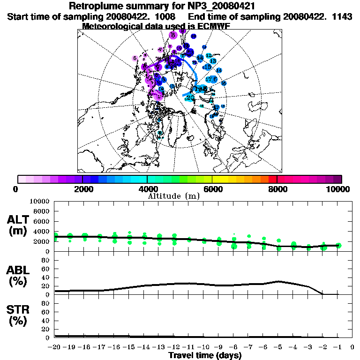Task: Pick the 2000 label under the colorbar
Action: pos(82,189)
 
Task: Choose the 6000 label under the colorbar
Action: pos(212,189)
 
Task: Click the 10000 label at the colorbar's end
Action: pos(339,189)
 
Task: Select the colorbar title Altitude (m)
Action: pos(174,196)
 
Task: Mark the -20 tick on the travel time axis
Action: pos(55,347)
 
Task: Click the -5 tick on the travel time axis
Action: pos(278,347)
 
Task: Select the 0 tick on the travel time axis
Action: pos(352,347)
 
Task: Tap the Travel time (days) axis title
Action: pos(205,356)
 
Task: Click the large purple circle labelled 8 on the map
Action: pos(173,35)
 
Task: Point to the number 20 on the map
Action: pos(190,97)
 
